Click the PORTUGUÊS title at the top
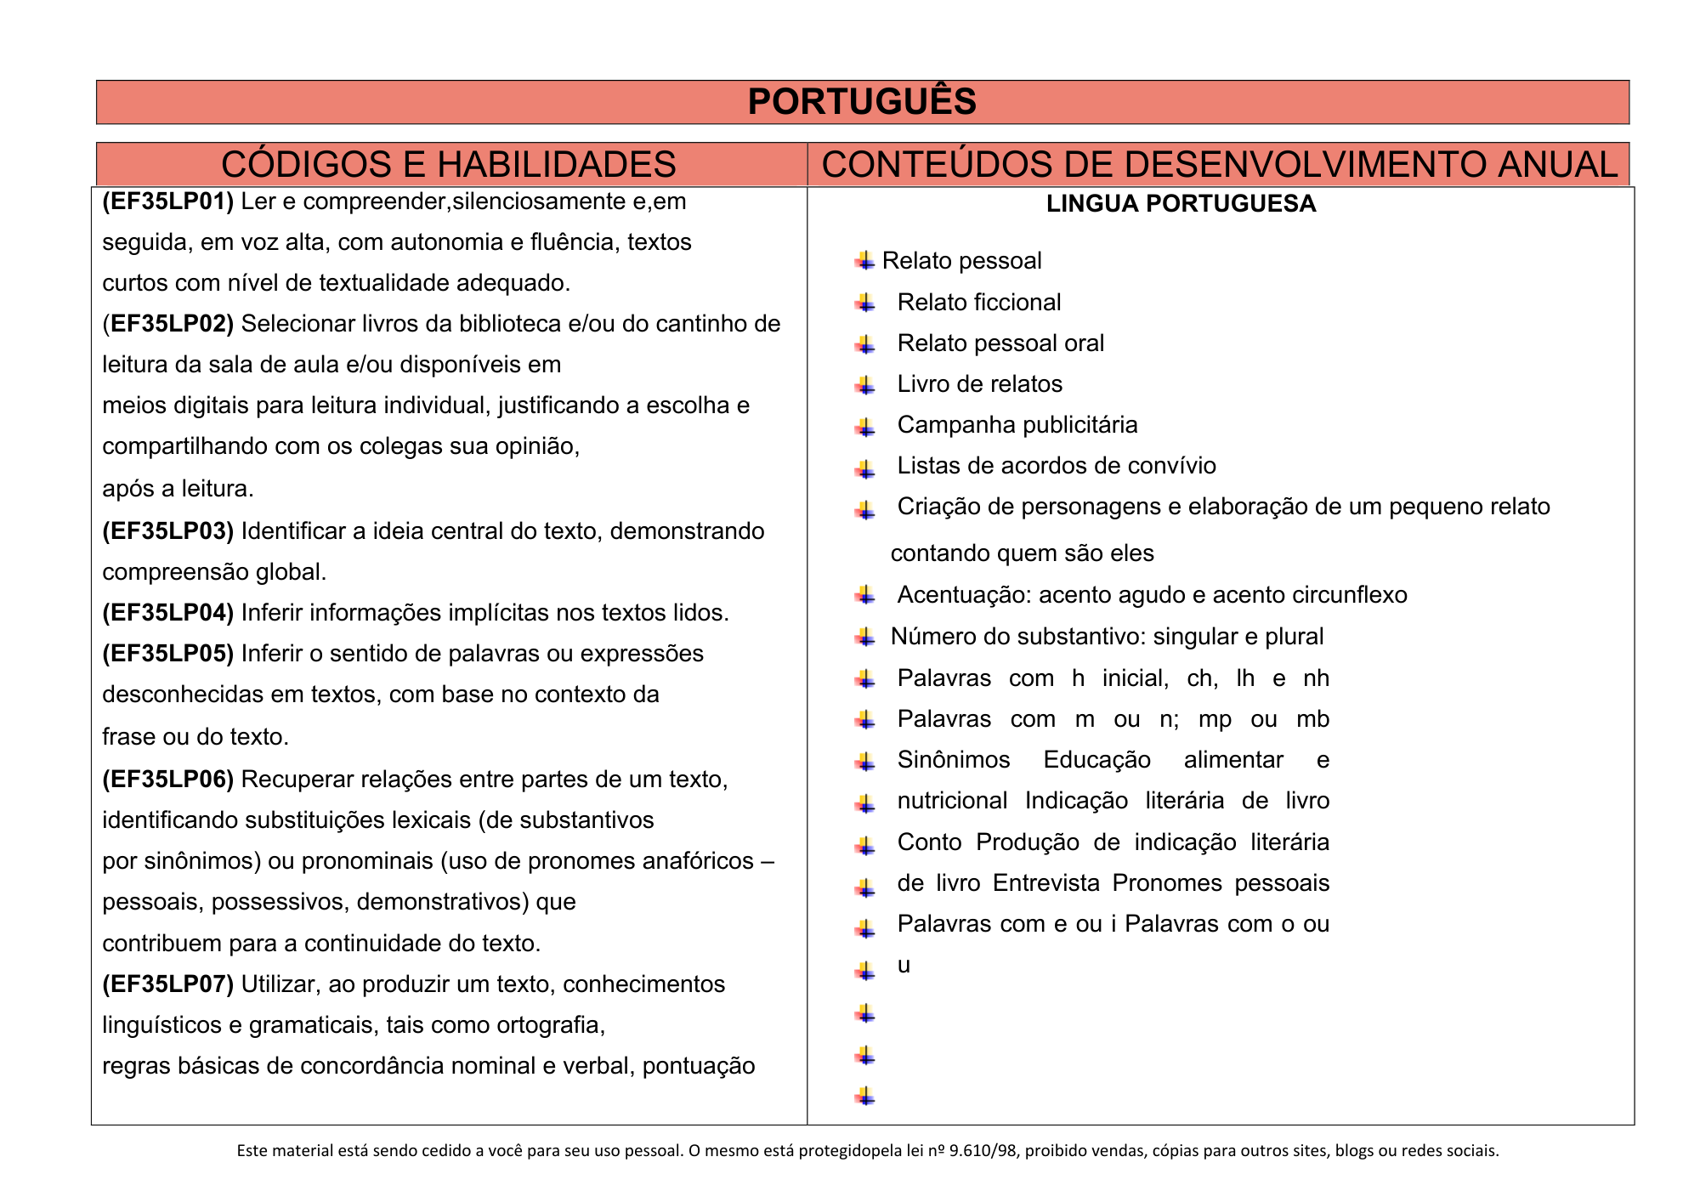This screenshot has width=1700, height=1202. coord(862,102)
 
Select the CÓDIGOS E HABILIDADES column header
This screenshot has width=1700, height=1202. coord(448,164)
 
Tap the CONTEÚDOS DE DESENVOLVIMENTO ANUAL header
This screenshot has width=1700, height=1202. coord(1220,164)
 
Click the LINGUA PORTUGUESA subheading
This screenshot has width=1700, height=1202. coord(1181,204)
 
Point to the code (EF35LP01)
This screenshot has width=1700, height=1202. coord(167,201)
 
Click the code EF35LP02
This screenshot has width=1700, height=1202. coord(171,324)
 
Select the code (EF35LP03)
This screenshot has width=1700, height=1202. coord(167,531)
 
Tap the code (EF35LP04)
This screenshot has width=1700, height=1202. coord(167,613)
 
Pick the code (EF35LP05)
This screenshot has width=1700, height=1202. coord(167,654)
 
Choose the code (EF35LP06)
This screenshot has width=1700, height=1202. coord(167,780)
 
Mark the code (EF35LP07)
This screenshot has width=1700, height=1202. coord(167,984)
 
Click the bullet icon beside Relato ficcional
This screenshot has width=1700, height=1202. coord(865,303)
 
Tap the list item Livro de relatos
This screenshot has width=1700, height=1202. coord(979,384)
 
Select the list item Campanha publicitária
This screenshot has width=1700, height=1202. coord(1017,425)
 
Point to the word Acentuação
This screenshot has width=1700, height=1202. coord(952,595)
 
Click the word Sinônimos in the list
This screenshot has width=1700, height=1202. coord(953,760)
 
